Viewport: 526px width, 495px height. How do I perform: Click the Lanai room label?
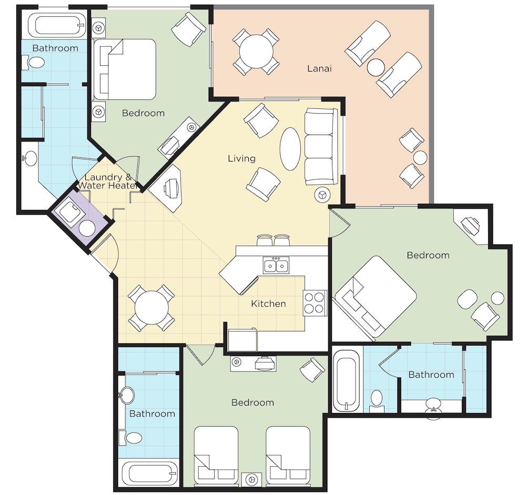click(319, 68)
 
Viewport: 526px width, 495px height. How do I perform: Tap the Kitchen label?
click(268, 304)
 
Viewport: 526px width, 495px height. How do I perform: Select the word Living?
click(241, 158)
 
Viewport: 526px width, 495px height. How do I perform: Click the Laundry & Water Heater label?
click(107, 181)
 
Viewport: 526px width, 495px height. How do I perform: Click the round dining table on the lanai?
click(256, 52)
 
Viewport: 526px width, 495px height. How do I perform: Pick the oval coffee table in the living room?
click(290, 149)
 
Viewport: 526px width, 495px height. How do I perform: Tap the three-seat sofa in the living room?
click(321, 146)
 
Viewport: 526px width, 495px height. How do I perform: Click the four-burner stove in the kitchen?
click(315, 303)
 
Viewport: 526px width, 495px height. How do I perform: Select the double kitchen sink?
click(276, 266)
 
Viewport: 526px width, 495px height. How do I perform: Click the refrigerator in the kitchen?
click(242, 340)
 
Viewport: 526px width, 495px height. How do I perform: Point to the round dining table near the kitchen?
click(151, 307)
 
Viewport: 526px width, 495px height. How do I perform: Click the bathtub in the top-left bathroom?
click(56, 25)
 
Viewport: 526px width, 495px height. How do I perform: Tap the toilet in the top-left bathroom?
click(34, 63)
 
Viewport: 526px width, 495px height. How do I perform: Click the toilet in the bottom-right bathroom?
click(377, 401)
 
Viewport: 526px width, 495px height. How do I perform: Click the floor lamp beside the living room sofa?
click(322, 195)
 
